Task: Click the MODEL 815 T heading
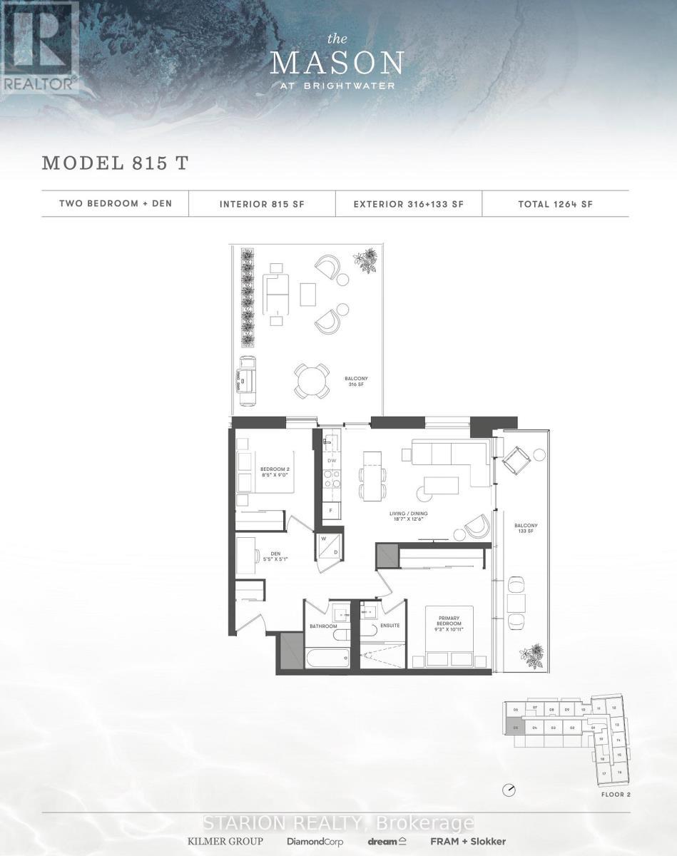(115, 162)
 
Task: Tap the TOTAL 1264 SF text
(555, 204)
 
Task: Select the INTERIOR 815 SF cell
(263, 204)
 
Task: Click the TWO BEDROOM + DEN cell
(116, 204)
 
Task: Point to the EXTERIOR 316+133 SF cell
(409, 204)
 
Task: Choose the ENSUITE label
(390, 626)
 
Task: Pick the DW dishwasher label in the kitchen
(331, 462)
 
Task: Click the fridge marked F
(331, 511)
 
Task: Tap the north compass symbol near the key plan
(509, 790)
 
